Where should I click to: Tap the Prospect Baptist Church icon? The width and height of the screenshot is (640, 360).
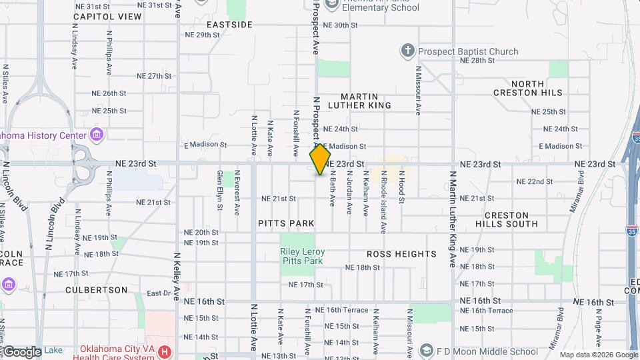point(407,51)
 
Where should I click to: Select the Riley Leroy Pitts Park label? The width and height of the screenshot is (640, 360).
point(302,256)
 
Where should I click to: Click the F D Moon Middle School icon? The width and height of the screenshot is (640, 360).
point(425,351)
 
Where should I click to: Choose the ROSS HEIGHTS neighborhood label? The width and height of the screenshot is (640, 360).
point(401,254)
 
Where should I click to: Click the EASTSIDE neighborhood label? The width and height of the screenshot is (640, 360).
point(229,25)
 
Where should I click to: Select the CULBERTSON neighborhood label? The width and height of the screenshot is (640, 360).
point(97,290)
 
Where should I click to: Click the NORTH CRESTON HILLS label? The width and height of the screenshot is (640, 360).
point(527,87)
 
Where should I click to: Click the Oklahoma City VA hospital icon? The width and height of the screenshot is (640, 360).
point(165,351)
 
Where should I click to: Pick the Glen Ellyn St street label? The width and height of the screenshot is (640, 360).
point(219,191)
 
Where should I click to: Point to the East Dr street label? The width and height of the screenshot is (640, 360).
point(159,293)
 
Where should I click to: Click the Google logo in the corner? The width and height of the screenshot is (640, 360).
point(21,351)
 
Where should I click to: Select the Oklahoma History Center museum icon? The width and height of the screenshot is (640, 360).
point(97,135)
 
